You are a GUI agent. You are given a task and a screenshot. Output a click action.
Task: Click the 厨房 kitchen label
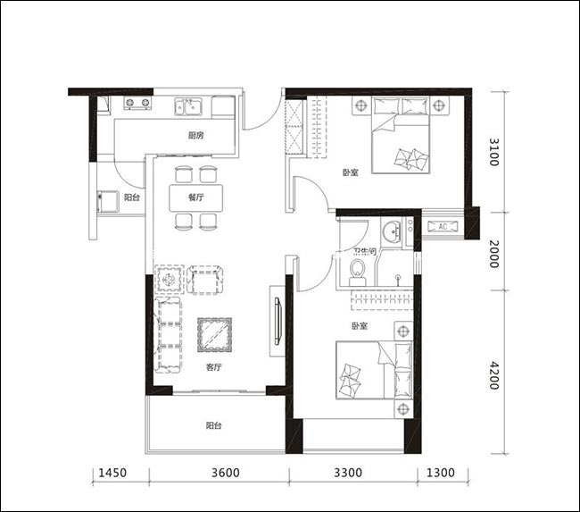[195, 136]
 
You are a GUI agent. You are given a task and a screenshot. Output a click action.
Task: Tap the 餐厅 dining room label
[195, 197]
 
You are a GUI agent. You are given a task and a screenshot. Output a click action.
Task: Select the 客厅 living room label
[213, 367]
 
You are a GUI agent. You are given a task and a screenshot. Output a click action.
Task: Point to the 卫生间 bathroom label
[364, 253]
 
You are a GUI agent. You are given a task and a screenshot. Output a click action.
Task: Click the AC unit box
[443, 226]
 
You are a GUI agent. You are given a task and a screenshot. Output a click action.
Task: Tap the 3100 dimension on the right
[494, 152]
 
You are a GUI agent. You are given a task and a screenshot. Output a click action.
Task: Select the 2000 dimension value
[494, 254]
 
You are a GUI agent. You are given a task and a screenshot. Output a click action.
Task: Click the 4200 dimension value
[494, 375]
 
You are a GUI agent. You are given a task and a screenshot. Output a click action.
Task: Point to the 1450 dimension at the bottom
[112, 473]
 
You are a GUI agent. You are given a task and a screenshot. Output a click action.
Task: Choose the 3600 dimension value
[226, 473]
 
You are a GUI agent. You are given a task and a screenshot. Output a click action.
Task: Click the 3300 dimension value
[348, 473]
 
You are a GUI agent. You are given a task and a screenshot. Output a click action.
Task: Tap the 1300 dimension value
[441, 473]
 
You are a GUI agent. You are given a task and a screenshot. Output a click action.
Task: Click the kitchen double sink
[188, 106]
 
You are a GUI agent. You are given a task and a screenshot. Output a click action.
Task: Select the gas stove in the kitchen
[137, 103]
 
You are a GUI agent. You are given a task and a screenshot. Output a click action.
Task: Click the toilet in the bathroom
[357, 273]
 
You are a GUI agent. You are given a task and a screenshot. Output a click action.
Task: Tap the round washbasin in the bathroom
[391, 232]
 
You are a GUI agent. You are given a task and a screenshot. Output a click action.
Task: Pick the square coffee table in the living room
[214, 335]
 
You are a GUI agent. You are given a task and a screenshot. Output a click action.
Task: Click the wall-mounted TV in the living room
[278, 321]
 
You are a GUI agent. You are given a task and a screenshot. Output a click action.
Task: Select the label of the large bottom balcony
[213, 425]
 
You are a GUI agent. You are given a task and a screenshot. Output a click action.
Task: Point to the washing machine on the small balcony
[106, 201]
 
